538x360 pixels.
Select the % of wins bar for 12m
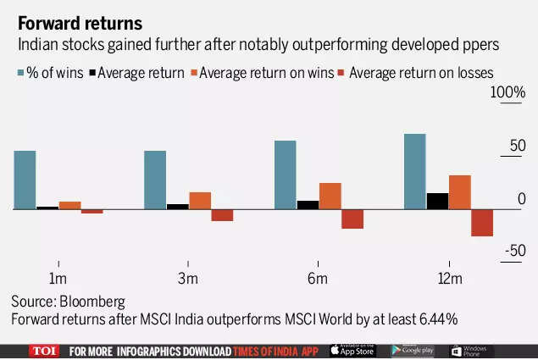click(x=414, y=171)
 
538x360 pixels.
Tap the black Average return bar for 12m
click(x=437, y=201)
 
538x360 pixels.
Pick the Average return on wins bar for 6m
click(x=330, y=196)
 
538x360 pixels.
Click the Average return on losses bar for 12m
click(x=481, y=222)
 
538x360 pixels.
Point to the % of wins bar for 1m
click(x=25, y=180)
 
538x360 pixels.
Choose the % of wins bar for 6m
click(x=285, y=174)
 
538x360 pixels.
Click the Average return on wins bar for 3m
click(x=200, y=200)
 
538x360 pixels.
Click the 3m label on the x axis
click(x=187, y=280)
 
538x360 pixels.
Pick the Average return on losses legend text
click(x=421, y=73)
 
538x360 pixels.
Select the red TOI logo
click(x=44, y=351)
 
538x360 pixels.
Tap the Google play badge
click(x=413, y=351)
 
